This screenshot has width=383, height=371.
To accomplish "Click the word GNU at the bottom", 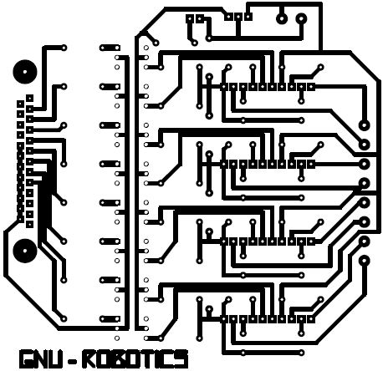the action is click(41, 358).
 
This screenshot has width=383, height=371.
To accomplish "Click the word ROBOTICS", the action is click(135, 358).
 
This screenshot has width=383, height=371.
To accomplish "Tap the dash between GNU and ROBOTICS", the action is click(73, 360).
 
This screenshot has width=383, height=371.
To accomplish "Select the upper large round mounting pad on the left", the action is click(25, 72).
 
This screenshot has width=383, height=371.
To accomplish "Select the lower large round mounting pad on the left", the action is click(25, 251).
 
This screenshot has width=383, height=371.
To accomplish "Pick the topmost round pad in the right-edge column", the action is click(364, 125).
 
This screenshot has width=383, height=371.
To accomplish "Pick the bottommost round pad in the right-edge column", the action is click(364, 261).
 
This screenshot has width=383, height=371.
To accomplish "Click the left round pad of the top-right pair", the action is click(281, 19).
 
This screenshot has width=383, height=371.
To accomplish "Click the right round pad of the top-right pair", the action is click(301, 19).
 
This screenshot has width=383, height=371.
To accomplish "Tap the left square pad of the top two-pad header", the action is click(190, 19).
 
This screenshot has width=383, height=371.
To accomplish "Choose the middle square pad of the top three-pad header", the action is click(238, 17).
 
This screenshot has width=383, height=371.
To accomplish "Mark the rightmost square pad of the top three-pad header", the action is click(248, 17).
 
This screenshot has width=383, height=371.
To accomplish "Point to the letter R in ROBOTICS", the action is click(89, 358).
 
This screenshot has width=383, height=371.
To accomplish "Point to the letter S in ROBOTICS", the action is click(181, 358).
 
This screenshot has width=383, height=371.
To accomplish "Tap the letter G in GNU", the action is click(26, 358).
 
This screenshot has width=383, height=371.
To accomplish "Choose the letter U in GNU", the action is click(57, 358).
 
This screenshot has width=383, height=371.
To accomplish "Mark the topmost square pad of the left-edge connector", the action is click(29, 99).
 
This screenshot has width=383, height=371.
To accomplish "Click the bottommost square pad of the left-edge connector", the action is click(29, 224).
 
